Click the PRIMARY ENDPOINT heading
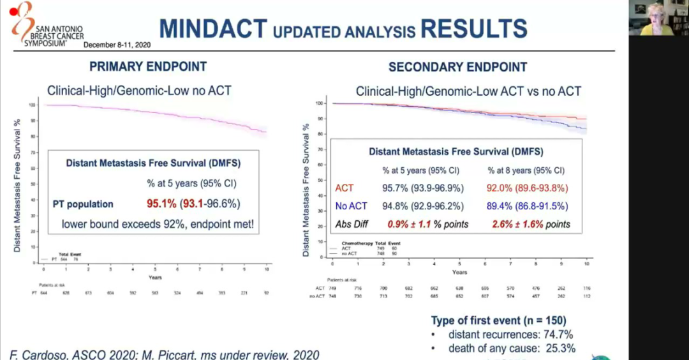tap(148, 66)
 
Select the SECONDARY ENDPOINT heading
tap(458, 66)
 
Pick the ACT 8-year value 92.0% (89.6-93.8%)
tap(526, 189)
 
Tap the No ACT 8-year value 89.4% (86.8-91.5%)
tap(526, 206)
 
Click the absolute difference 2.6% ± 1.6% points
tap(531, 224)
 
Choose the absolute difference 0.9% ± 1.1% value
tap(427, 224)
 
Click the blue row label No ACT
tap(352, 206)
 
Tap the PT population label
tap(83, 204)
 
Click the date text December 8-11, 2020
tap(116, 45)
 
